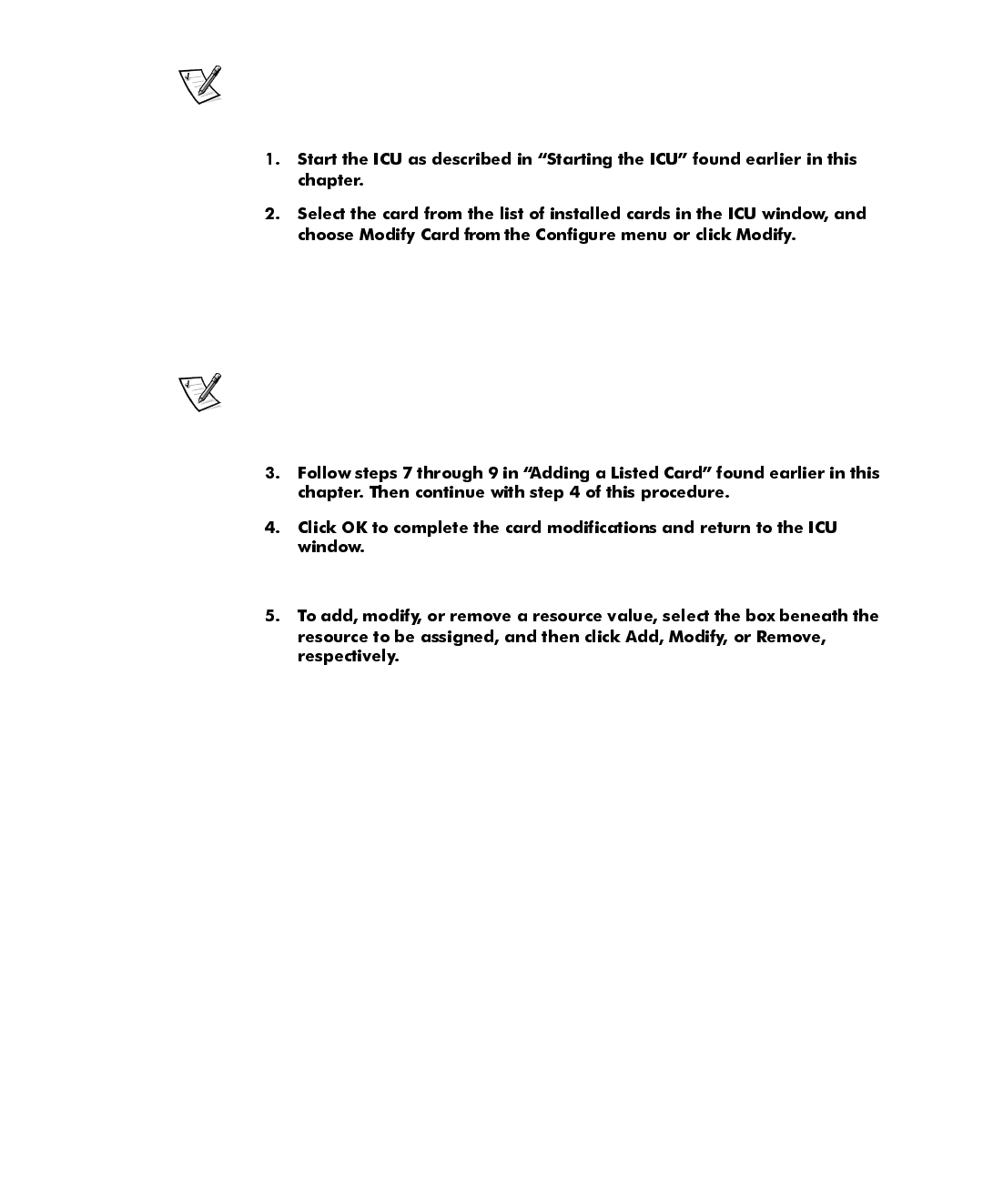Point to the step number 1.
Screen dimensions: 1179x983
tap(272, 159)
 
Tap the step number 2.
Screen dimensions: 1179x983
tap(272, 214)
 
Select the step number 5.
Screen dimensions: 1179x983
tap(272, 616)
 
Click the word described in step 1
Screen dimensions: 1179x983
tap(472, 159)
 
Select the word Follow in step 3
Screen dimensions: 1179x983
tap(323, 473)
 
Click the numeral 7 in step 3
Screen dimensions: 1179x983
tap(407, 473)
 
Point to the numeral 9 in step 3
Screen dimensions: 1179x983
tap(491, 473)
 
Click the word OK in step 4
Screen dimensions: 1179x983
tap(354, 528)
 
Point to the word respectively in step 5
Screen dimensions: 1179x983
tap(348, 657)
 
